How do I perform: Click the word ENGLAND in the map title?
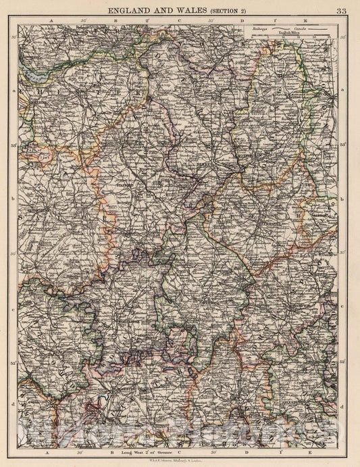point(130,9)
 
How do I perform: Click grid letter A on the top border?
point(47,21)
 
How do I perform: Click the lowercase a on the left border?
point(14,89)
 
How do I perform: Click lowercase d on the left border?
point(14,405)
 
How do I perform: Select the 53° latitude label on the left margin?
point(14,144)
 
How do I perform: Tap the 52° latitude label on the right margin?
point(345,363)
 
